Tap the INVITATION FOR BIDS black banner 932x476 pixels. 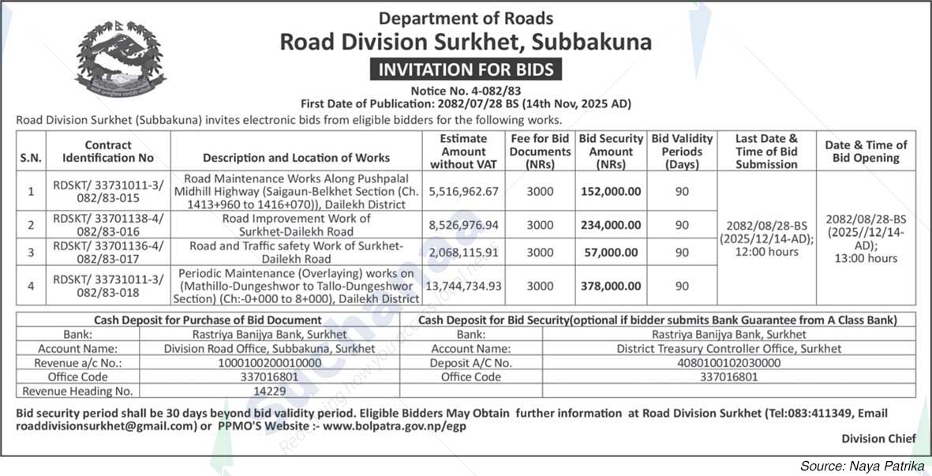[x=466, y=69]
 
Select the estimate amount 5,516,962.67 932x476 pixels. [x=464, y=191]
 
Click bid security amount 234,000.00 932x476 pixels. [x=611, y=225]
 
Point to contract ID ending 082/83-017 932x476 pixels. [x=109, y=252]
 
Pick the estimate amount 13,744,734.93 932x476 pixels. [x=464, y=286]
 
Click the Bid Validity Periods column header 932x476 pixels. [x=682, y=151]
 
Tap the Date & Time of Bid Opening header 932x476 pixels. [x=866, y=151]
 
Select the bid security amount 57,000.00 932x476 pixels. [x=611, y=252]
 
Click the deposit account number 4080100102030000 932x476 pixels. [x=728, y=362]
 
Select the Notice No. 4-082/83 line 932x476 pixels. [x=466, y=91]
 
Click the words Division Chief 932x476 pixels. [x=878, y=439]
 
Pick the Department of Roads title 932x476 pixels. [x=466, y=18]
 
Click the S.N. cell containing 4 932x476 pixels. [x=31, y=286]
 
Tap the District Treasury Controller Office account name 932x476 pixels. [x=728, y=348]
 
